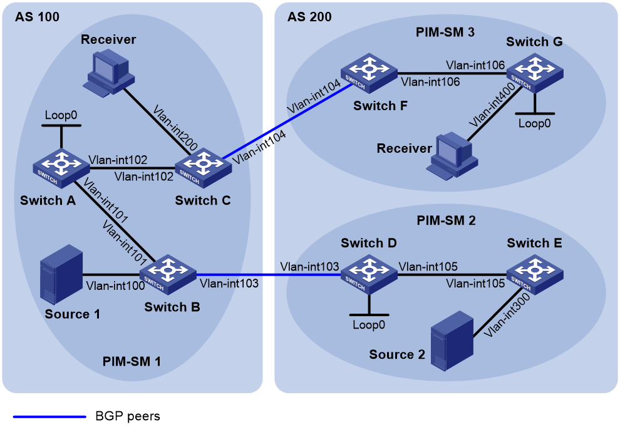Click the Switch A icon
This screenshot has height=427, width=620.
pos(61,168)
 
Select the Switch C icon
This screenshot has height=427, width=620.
pos(204,168)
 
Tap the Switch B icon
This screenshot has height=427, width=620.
pos(168,275)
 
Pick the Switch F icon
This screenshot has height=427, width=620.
pos(369,73)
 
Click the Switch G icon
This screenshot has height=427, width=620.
pos(535,73)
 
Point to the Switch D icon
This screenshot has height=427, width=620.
pos(369,274)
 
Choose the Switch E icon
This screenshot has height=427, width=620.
pos(535,274)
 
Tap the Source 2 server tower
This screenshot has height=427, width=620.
pos(452,341)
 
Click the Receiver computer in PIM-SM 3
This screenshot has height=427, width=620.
pos(452,156)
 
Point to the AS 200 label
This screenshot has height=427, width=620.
pos(309,17)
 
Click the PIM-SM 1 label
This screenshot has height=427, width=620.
pos(132,361)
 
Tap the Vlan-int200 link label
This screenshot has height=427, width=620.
pos(175,128)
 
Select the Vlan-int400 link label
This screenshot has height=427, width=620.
pos(492,105)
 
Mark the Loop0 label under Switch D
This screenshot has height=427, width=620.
pos(369,325)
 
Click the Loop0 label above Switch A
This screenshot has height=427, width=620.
pos(61,115)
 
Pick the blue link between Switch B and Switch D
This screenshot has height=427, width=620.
pos(269,274)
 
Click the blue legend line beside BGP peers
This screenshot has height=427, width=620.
pos(49,416)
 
